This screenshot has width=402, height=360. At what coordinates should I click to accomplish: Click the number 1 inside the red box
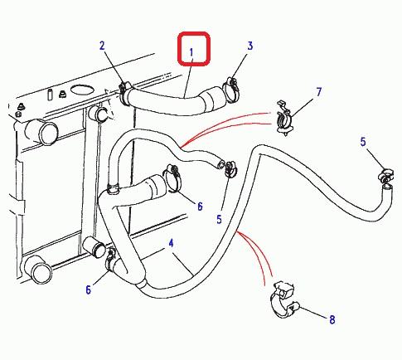click(191, 52)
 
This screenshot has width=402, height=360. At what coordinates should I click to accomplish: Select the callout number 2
click(102, 46)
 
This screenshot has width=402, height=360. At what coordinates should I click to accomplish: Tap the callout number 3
click(250, 46)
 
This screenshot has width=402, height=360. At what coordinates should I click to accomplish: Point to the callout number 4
click(171, 243)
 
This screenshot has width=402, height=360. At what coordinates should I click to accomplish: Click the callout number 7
click(319, 92)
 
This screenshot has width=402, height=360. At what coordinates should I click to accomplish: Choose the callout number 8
click(332, 319)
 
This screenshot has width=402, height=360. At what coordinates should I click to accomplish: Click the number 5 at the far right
click(363, 142)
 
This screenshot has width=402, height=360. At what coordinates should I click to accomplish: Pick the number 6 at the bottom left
click(89, 289)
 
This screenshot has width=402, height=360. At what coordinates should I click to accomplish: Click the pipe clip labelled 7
click(284, 119)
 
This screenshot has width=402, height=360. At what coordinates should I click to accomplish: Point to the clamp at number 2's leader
click(125, 93)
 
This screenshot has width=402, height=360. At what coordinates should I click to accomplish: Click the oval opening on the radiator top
click(82, 90)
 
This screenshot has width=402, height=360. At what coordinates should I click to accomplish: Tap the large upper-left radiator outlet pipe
click(41, 131)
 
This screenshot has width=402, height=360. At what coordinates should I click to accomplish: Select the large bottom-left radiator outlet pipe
click(38, 268)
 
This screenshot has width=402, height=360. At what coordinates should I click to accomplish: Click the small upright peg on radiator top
click(51, 95)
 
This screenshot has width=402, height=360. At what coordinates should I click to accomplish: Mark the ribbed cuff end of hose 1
click(212, 100)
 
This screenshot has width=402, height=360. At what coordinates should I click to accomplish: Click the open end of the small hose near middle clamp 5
click(220, 163)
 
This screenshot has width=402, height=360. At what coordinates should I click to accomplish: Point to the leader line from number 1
click(188, 77)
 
